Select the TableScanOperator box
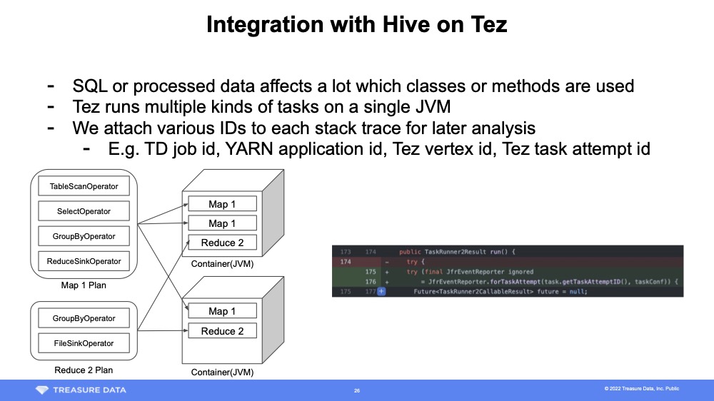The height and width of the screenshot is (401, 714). click(84, 187)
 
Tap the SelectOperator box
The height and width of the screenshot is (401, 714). click(84, 211)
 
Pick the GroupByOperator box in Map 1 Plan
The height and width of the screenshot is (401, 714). click(84, 236)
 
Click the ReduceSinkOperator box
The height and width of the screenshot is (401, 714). click(84, 261)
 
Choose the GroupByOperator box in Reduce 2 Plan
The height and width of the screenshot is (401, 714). click(84, 318)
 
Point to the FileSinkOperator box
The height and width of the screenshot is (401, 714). click(84, 343)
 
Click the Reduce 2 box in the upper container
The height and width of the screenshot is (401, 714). click(222, 243)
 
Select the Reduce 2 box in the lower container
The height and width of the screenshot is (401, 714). click(222, 331)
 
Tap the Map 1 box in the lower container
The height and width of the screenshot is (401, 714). click(222, 311)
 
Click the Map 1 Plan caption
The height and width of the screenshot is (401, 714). click(84, 285)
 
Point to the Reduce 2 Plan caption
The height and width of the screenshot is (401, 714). click(84, 370)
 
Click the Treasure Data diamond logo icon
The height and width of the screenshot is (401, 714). click(44, 390)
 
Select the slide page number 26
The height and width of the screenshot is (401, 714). click(357, 390)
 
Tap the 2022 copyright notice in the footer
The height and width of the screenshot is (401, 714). click(641, 389)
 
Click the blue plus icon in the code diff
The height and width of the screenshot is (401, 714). click(381, 291)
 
